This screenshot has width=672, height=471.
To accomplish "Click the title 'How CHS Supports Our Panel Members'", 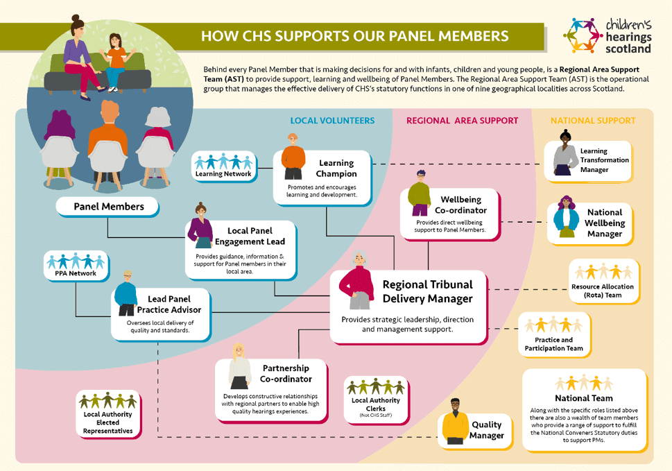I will point(354,35).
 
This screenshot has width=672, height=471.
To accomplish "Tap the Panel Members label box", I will point(109,206).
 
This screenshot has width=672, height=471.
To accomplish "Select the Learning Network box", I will point(223,166).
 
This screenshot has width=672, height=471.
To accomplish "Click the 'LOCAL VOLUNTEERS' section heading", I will point(332,121).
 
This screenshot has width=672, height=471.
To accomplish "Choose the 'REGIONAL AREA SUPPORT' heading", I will point(462,121).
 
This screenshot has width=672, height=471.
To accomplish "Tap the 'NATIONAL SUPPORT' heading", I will point(593,121).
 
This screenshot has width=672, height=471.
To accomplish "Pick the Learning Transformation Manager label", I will point(604,160).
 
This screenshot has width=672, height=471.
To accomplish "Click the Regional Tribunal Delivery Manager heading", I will point(427,291).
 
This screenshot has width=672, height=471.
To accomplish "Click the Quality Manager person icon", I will point(455,420).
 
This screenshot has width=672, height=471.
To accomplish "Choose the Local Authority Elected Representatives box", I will point(108,413).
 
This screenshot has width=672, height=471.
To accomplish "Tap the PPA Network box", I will point(77,266).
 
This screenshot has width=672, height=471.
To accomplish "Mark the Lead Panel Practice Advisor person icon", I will point(126,293).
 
